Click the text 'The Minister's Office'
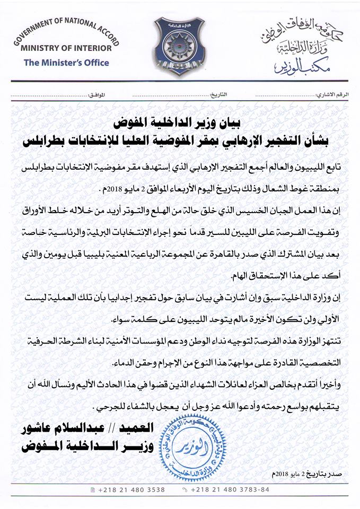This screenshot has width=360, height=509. tap(67, 63)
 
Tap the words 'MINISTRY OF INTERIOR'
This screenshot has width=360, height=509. tap(67, 48)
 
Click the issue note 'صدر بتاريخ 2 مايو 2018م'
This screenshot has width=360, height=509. tap(308, 472)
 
